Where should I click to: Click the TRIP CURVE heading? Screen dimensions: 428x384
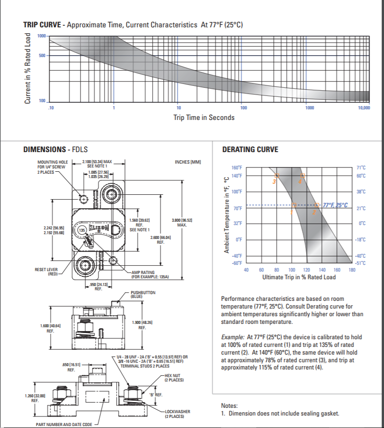point(41,24)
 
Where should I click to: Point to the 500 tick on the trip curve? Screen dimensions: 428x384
point(42,56)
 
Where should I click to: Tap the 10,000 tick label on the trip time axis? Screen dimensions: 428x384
point(364,108)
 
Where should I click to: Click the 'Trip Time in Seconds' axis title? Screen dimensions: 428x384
point(204,118)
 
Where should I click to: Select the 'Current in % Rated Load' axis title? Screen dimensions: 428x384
point(28,68)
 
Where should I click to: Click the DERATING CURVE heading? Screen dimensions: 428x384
point(250,149)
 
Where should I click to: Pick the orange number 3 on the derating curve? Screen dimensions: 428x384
point(274,182)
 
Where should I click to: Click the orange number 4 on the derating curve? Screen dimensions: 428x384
point(300,181)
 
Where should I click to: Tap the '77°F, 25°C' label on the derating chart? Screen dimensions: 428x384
point(335,205)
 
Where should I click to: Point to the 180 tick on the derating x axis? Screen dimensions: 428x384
point(351,271)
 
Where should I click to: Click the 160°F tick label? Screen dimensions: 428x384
point(237,168)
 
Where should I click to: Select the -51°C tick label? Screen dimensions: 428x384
point(360,263)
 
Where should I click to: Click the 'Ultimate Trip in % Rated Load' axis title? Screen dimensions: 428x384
point(299,277)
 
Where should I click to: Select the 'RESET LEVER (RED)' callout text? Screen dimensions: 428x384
point(47,272)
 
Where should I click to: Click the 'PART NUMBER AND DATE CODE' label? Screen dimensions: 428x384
point(64,425)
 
